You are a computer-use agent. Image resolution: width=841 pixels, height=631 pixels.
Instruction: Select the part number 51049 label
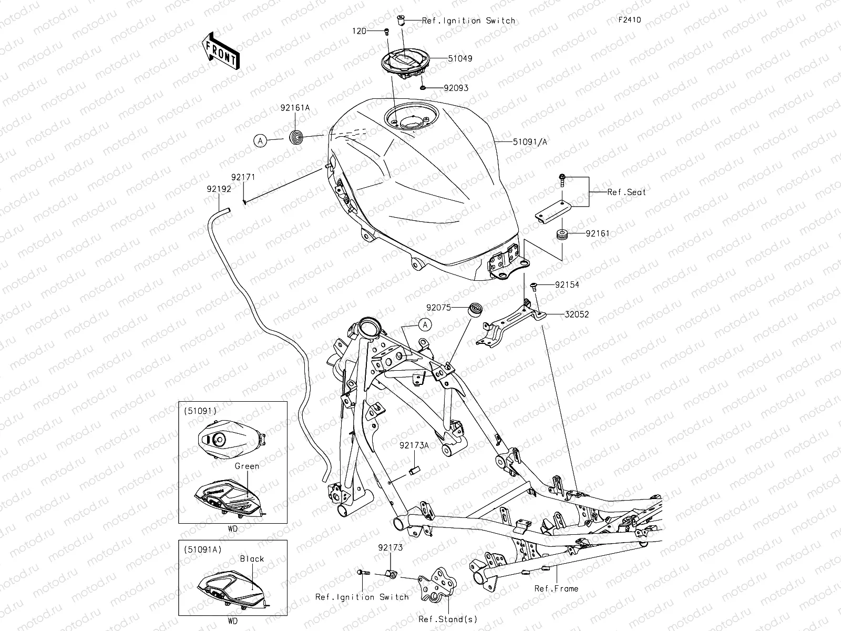click(x=460, y=59)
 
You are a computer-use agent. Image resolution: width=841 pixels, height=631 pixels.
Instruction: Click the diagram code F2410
click(x=629, y=21)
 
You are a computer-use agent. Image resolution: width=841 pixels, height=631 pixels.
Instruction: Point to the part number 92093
click(x=456, y=88)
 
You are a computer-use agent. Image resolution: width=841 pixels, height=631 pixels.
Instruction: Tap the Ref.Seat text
click(x=627, y=192)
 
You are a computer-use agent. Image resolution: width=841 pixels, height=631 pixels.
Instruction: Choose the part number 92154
click(x=567, y=285)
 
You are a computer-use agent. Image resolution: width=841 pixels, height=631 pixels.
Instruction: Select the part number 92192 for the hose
click(x=219, y=188)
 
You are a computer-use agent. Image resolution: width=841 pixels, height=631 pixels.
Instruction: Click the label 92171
click(x=243, y=178)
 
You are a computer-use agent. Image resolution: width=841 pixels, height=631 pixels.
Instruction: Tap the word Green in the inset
click(x=247, y=466)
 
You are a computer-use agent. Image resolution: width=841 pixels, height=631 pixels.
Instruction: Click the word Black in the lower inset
click(x=252, y=559)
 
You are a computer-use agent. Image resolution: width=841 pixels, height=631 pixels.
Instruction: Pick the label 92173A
click(x=414, y=445)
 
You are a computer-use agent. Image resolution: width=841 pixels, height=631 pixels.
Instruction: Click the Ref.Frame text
click(x=556, y=588)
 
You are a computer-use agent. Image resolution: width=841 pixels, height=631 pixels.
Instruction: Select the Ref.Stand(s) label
click(x=440, y=619)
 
